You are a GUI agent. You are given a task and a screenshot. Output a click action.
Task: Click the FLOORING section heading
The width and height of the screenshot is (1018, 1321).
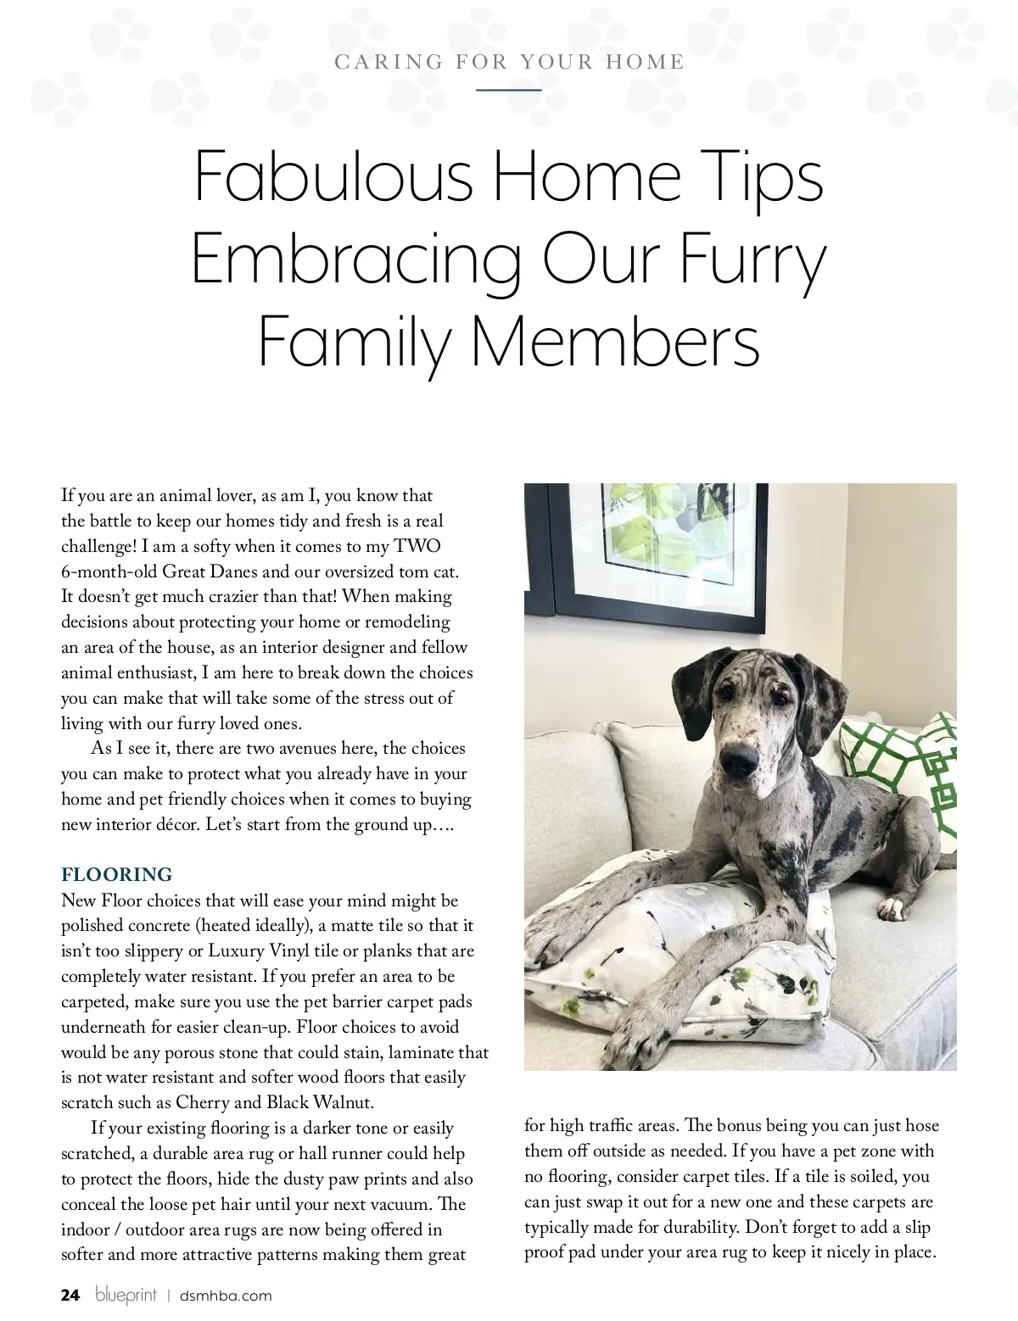(x=116, y=874)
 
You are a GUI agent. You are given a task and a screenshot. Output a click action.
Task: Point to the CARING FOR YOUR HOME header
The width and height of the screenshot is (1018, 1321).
(x=509, y=62)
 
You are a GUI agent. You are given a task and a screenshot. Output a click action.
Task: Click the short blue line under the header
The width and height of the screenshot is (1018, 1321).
(x=508, y=89)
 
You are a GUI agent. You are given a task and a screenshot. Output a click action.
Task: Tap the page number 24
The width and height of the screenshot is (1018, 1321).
(x=70, y=1295)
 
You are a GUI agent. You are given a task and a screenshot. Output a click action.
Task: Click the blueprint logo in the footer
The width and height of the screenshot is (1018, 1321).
(x=126, y=1295)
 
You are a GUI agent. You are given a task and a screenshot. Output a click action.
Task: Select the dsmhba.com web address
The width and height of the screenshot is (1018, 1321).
(x=226, y=1296)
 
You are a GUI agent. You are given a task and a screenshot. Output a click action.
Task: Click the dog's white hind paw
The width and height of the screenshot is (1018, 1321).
(x=891, y=909)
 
